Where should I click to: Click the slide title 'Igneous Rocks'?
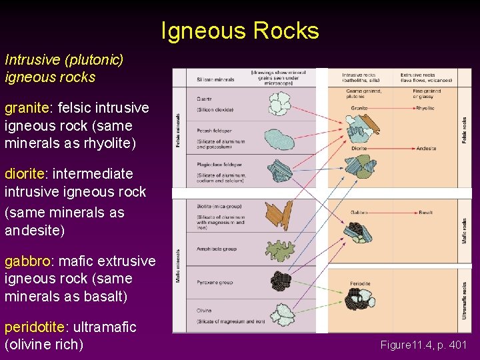click(x=240, y=31)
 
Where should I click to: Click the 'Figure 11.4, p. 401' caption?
click(x=424, y=345)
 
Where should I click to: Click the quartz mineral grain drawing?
click(x=281, y=103)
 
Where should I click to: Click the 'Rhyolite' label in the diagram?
click(x=425, y=108)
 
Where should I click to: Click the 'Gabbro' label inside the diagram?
click(x=359, y=213)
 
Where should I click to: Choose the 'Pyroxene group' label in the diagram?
click(x=214, y=283)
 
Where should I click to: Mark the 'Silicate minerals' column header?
click(x=216, y=79)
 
